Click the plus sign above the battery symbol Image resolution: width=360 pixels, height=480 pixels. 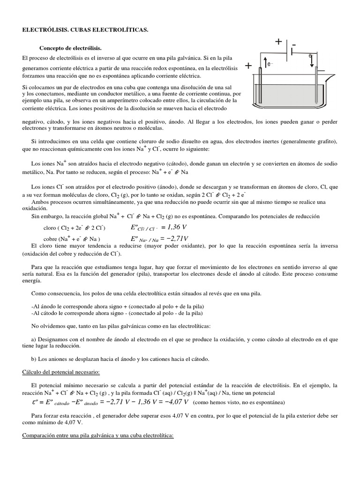(278, 42)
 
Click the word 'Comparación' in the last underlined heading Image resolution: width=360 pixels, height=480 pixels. (41, 435)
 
